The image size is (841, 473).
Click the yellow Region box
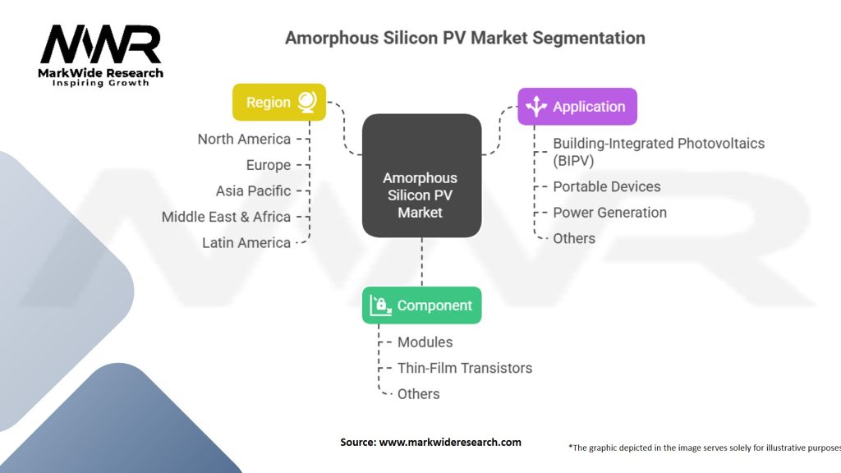click(279, 102)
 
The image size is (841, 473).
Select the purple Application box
click(577, 106)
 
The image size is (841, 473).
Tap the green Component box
click(421, 305)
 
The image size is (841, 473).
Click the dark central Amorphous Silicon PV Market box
click(421, 176)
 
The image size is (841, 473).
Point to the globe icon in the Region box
click(307, 102)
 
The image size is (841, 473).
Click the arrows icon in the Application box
click(536, 106)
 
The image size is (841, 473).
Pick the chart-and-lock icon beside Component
click(381, 305)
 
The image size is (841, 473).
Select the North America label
click(244, 139)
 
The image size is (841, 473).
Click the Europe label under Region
click(269, 165)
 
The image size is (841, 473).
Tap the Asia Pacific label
click(253, 191)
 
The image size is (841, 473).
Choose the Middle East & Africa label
click(227, 217)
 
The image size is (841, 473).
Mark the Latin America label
click(246, 243)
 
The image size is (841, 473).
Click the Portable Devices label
click(607, 186)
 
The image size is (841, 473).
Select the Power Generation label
click(610, 213)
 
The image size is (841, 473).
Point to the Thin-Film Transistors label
click(465, 368)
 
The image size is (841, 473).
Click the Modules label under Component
click(425, 342)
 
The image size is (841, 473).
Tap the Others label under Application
click(574, 239)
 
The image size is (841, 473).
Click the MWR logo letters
click(101, 44)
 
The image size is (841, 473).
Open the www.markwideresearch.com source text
click(450, 443)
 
